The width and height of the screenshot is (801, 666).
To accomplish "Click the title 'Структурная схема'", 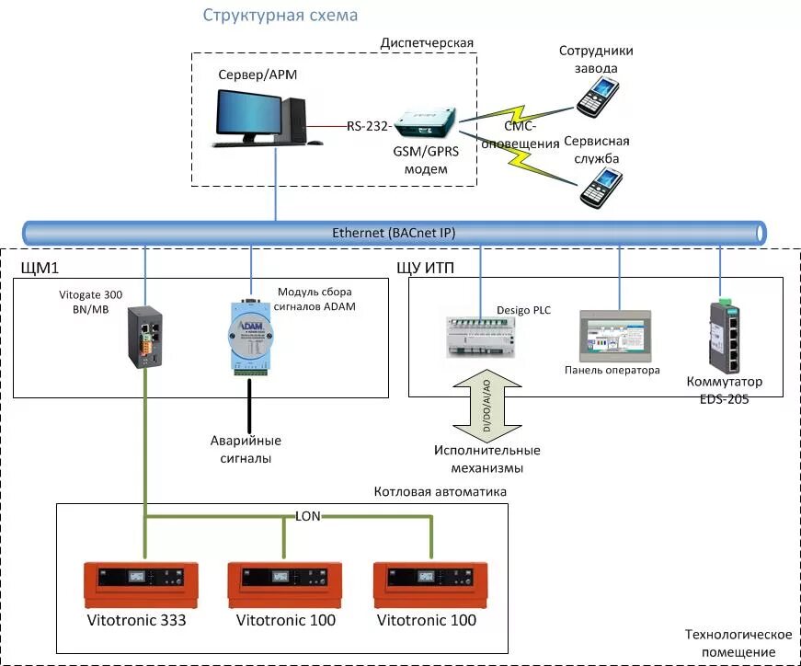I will click(280, 16).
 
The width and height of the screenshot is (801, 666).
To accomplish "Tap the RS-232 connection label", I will click(369, 124).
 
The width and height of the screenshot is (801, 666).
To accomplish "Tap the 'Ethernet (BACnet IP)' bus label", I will click(394, 234).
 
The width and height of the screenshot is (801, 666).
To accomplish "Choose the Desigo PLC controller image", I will click(480, 339).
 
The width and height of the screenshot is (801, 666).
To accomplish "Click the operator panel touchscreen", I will click(615, 335).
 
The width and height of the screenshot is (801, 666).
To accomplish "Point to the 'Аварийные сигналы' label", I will click(246, 449).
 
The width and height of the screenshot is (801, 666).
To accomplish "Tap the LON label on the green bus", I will click(308, 516).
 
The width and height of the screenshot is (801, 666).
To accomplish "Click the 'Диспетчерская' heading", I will click(427, 42).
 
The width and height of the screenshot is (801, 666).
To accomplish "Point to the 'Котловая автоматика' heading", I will click(441, 492).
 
